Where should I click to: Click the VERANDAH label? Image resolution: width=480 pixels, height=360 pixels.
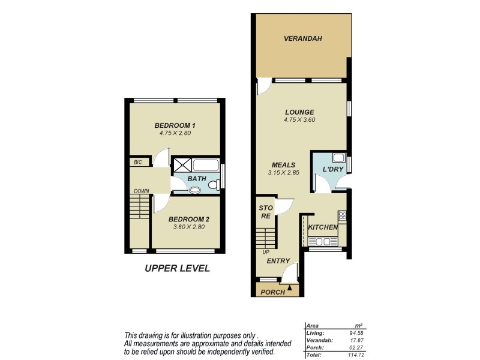point(303,38)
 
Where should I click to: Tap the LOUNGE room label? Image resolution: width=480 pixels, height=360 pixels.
point(299,112)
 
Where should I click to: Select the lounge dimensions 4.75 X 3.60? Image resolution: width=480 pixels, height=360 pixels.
point(299,120)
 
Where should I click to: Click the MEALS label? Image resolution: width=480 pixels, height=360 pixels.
point(284,164)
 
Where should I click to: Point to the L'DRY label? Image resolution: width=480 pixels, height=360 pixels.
point(332,170)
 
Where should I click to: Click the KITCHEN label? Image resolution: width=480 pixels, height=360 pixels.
point(323,227)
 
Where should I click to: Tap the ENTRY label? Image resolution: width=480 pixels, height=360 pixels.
point(278,261)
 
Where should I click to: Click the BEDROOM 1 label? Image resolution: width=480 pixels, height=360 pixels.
point(175,125)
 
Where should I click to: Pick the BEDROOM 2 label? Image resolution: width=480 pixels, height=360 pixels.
point(188,219)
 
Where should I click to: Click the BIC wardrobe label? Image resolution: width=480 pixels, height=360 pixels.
point(137,162)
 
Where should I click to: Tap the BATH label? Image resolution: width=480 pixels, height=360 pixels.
point(197,179)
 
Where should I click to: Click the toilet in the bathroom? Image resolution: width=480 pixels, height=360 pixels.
point(196,190)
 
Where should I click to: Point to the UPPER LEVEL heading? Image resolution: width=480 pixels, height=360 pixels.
point(178,268)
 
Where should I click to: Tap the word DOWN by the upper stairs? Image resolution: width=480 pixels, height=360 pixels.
point(141,191)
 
